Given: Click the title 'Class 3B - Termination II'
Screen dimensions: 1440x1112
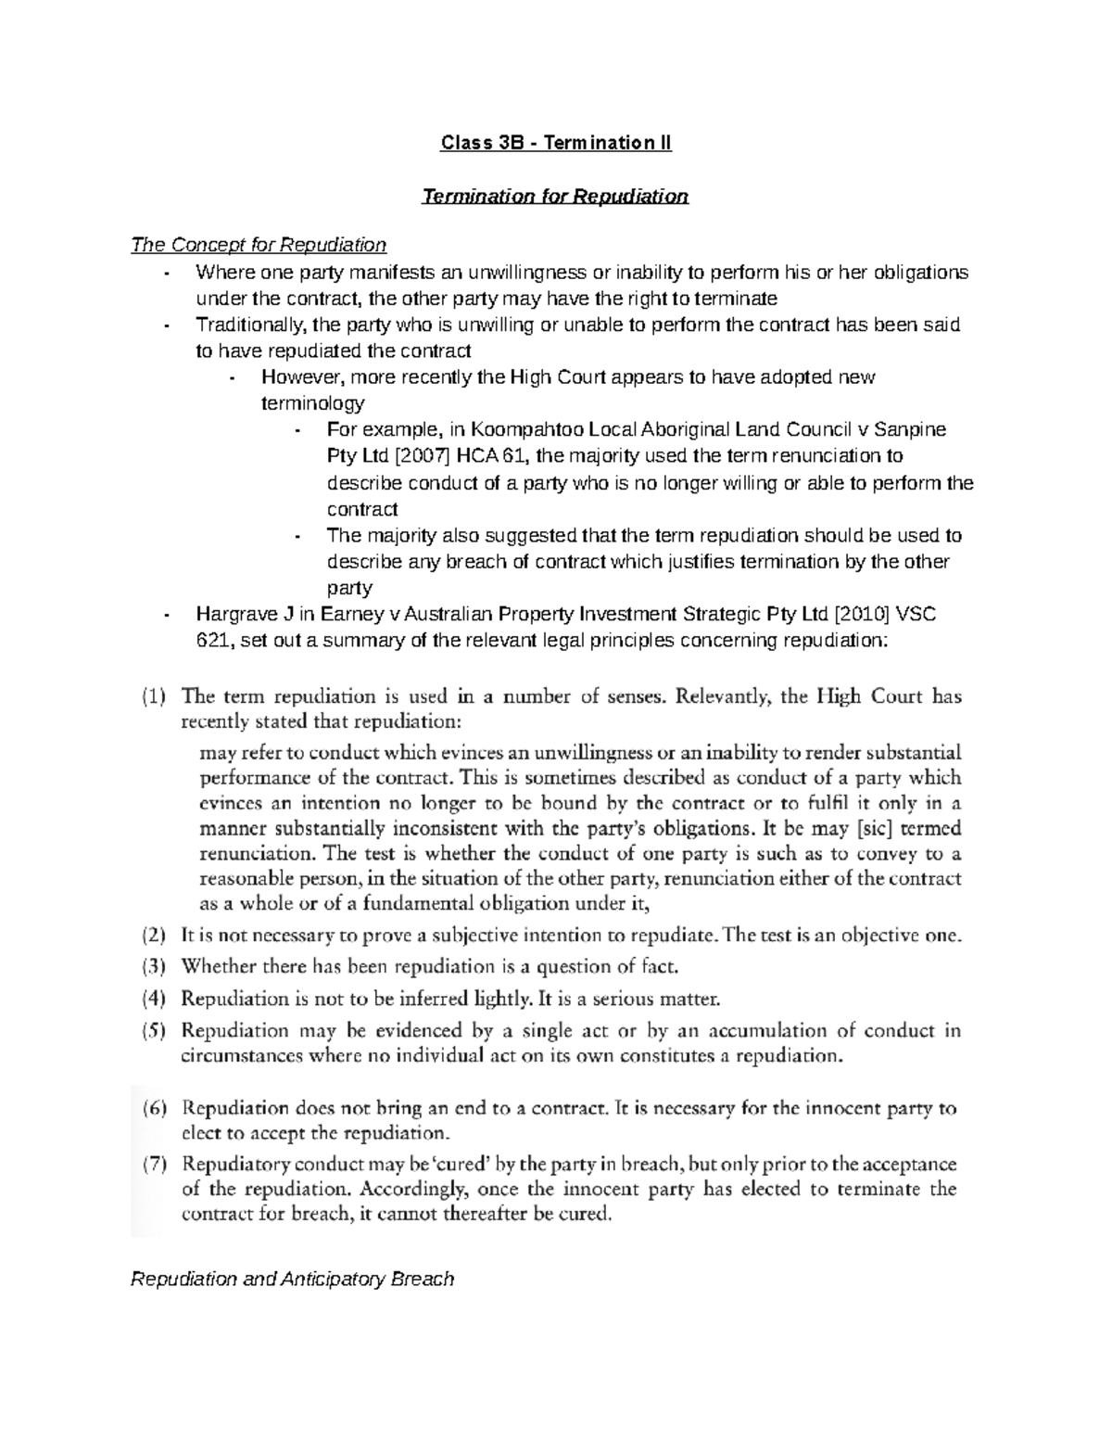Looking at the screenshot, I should tap(555, 144).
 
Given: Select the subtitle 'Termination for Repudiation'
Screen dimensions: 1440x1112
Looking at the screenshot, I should tap(555, 197).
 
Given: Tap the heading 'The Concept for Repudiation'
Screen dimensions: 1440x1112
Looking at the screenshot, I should tap(259, 246).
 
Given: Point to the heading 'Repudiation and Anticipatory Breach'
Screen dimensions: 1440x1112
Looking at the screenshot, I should tap(293, 1280).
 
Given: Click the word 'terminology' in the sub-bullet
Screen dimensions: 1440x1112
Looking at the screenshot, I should tap(313, 403).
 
